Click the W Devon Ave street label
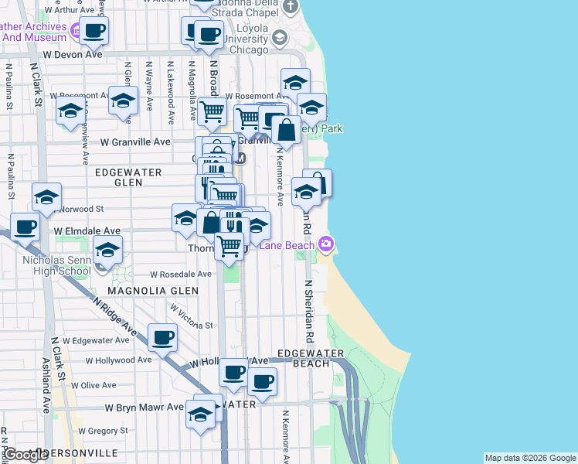click(72, 55)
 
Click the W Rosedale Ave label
click(180, 274)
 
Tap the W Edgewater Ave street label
click(96, 340)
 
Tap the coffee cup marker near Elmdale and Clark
click(25, 228)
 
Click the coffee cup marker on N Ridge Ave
click(163, 337)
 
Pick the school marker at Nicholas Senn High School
click(107, 250)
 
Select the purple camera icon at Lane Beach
click(326, 244)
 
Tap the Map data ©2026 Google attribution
click(530, 458)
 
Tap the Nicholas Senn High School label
click(56, 265)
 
